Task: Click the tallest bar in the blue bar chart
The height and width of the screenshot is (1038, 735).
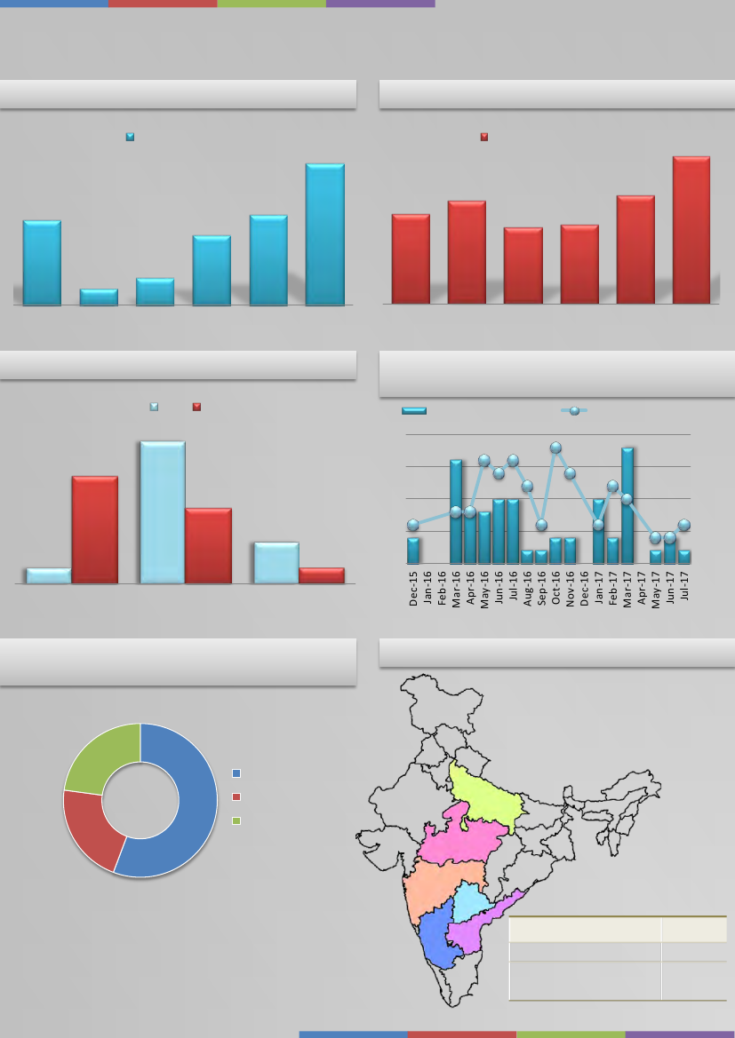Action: point(324,234)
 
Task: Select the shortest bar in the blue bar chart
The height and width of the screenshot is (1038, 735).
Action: point(99,297)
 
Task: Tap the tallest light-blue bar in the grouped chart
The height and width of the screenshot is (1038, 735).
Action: point(162,512)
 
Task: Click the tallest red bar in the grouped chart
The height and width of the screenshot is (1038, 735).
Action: point(95,529)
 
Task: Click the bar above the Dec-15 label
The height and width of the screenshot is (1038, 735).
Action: point(413,550)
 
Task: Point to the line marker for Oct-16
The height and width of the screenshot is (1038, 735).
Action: point(555,448)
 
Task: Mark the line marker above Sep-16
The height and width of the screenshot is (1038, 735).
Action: point(541,525)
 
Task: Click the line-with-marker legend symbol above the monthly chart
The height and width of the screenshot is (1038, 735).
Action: point(574,410)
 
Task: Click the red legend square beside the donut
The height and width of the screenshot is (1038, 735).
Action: point(236,796)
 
